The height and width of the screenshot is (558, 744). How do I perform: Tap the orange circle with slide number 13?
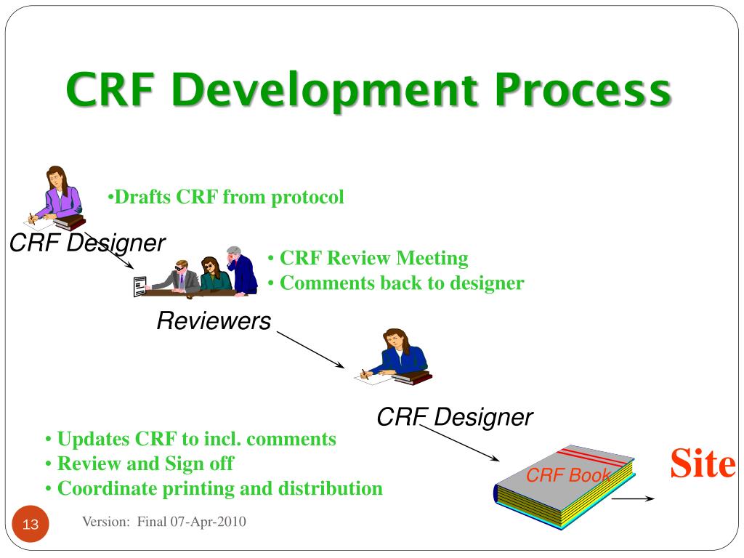coord(31,524)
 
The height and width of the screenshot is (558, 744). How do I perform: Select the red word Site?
coord(703,463)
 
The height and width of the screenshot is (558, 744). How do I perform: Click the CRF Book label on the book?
coord(568,474)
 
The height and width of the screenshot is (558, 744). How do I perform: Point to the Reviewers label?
coord(214,320)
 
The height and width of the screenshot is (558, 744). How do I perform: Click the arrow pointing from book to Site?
coord(634,498)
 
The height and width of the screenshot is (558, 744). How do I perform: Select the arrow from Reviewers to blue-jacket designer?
coord(311,349)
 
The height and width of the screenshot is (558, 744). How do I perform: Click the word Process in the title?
coord(583,90)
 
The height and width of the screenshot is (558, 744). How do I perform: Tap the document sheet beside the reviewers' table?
coord(140,286)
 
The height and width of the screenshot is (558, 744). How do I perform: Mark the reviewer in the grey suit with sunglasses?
coord(176,278)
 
